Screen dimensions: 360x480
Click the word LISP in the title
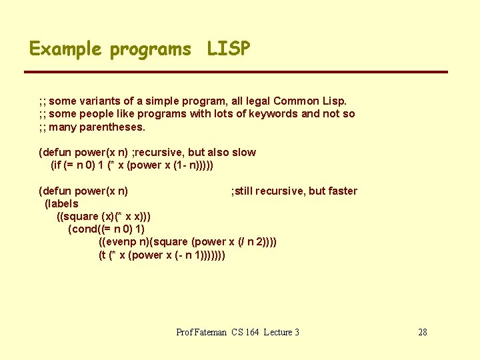tap(229, 49)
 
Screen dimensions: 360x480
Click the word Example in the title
tap(65, 49)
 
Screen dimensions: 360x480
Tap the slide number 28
tap(422, 332)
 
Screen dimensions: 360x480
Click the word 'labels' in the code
tap(63, 203)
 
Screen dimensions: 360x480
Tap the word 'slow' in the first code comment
tap(243, 152)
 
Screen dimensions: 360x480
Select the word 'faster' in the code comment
tap(342, 191)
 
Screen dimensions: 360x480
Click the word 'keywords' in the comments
tap(272, 113)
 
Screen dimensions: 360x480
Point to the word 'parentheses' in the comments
tap(111, 127)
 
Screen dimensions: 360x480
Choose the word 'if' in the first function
tap(57, 165)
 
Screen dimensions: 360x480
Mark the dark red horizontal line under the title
tap(236, 72)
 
